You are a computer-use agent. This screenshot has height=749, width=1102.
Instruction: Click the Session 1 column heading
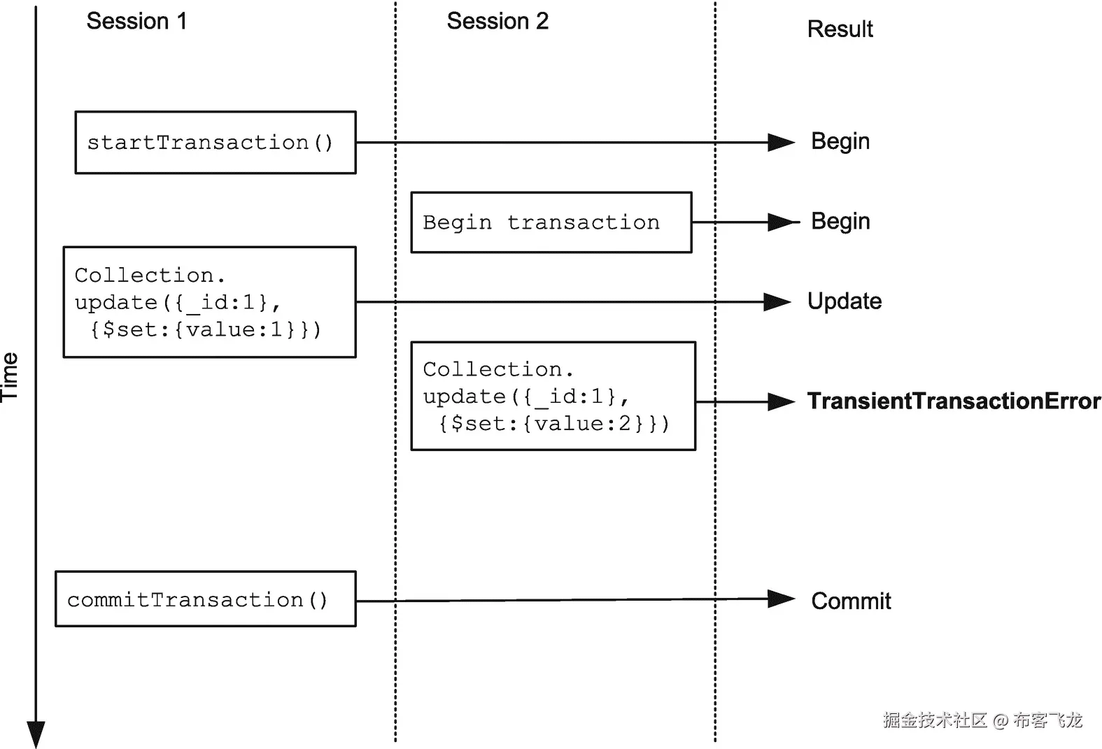pyautogui.click(x=136, y=21)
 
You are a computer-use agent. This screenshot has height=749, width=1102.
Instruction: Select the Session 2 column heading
pyautogui.click(x=497, y=21)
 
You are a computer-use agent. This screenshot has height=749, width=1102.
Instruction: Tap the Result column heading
pyautogui.click(x=840, y=29)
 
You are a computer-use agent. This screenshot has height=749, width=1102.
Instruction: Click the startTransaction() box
pyautogui.click(x=216, y=143)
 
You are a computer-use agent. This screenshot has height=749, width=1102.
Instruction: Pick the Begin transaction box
pyautogui.click(x=551, y=222)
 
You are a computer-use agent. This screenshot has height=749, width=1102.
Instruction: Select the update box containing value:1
pyautogui.click(x=210, y=302)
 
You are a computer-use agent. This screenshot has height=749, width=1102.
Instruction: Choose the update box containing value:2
pyautogui.click(x=553, y=396)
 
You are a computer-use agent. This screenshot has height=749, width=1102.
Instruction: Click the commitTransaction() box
pyautogui.click(x=206, y=599)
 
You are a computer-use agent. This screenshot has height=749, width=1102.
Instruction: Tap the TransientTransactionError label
pyautogui.click(x=954, y=401)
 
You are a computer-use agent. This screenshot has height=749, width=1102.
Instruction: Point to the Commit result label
pyautogui.click(x=851, y=601)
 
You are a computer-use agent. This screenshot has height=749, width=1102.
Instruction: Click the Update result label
pyautogui.click(x=845, y=301)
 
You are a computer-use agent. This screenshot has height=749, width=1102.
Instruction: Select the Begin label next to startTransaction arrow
pyautogui.click(x=840, y=141)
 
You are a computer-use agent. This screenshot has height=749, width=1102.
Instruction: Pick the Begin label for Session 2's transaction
pyautogui.click(x=840, y=221)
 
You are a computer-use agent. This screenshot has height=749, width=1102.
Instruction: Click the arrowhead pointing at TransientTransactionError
pyautogui.click(x=781, y=402)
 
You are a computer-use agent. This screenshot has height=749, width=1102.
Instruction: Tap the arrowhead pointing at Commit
pyautogui.click(x=781, y=599)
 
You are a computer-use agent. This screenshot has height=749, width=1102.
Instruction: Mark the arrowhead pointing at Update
pyautogui.click(x=777, y=302)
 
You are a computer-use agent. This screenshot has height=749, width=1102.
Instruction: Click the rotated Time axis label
pyautogui.click(x=10, y=377)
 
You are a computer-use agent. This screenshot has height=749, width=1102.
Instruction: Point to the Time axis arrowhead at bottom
pyautogui.click(x=36, y=734)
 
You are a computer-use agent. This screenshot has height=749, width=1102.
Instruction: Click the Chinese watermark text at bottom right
pyautogui.click(x=982, y=720)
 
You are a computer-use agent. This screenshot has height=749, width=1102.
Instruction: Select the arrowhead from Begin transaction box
pyautogui.click(x=781, y=222)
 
